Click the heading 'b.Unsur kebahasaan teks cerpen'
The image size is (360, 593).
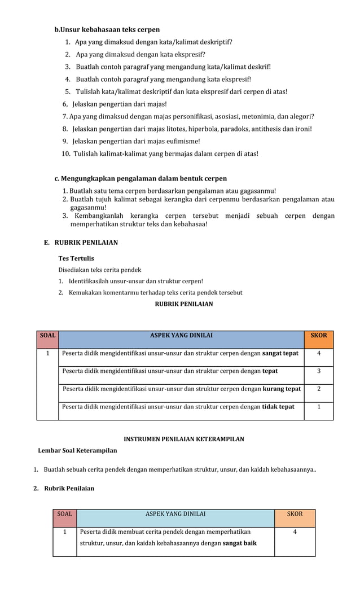[107, 29]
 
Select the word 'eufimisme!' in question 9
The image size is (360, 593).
[183, 141]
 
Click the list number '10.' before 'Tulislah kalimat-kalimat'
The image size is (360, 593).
[66, 153]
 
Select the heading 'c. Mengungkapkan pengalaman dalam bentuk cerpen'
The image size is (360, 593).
[141, 178]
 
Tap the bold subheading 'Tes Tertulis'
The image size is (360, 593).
[76, 258]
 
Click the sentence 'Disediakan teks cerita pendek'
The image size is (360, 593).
[99, 270]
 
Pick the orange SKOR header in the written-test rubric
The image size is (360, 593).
[319, 336]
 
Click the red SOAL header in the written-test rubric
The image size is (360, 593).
[47, 336]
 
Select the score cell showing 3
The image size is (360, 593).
[319, 371]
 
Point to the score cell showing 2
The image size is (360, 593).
[319, 389]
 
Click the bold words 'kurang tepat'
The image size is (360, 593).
[282, 389]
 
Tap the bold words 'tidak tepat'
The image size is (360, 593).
[278, 407]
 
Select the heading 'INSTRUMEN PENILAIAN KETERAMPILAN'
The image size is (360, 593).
[183, 439]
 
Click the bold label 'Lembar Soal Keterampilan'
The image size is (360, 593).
[77, 450]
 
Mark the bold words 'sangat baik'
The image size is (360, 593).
[239, 543]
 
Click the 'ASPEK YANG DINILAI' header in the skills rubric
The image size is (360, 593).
[175, 514]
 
